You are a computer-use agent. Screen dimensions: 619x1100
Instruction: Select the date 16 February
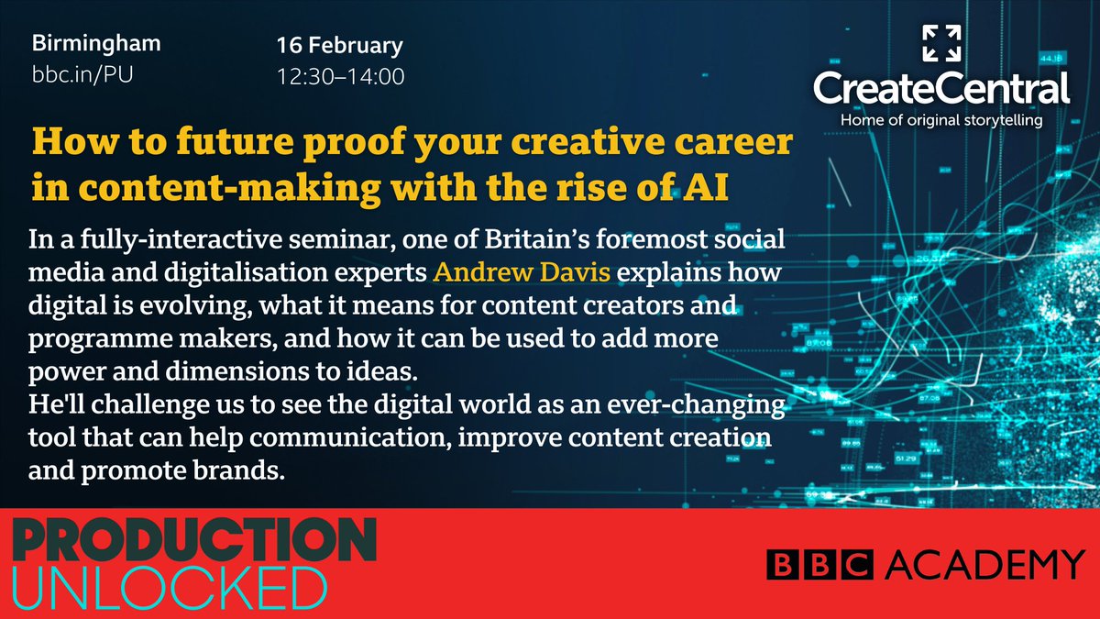pyautogui.click(x=339, y=46)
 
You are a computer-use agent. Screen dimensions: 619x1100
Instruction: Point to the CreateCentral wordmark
pyautogui.click(x=941, y=90)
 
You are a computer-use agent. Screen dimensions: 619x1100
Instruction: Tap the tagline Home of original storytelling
pyautogui.click(x=941, y=120)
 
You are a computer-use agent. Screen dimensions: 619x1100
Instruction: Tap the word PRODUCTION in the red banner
pyautogui.click(x=193, y=542)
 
